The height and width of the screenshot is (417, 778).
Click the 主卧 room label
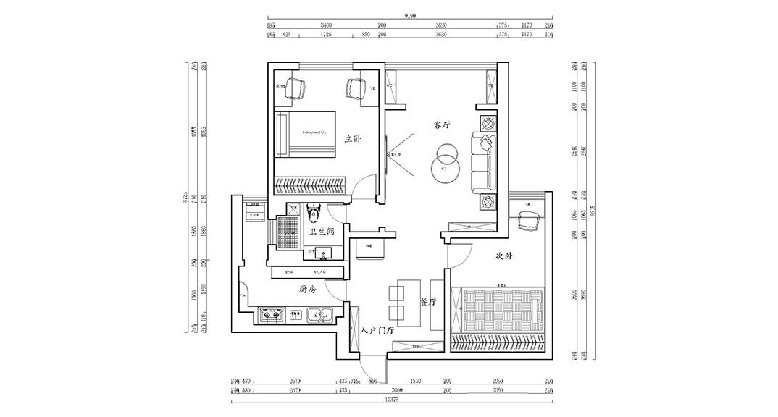pos(353,138)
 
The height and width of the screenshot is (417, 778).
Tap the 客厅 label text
pos(443,125)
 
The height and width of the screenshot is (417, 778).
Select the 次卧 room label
pos(505,256)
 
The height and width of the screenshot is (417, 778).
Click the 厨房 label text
pos(307,289)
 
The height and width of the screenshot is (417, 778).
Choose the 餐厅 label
pos(429,302)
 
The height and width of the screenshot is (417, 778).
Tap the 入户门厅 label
pos(377,329)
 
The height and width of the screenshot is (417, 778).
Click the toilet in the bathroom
pos(313,214)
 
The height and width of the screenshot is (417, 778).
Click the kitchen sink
pos(319,315)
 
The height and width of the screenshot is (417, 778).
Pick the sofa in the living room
pos(483,161)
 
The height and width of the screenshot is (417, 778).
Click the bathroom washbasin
pos(324,253)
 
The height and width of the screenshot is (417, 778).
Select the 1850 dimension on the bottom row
pos(415,381)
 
